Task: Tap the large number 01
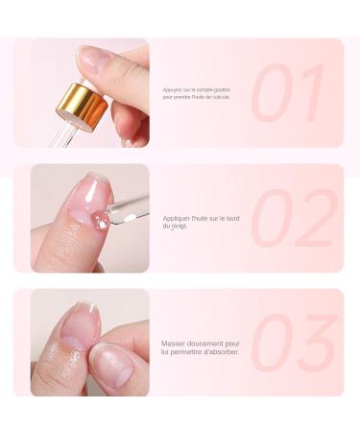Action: pyautogui.click(x=289, y=93)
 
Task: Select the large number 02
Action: pyautogui.click(x=294, y=218)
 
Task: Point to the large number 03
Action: pyautogui.click(x=293, y=343)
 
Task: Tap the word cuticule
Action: pyautogui.click(x=220, y=97)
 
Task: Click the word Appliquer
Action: pyautogui.click(x=177, y=218)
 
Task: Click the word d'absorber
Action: pyautogui.click(x=222, y=351)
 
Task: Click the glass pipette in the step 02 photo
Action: pyautogui.click(x=129, y=209)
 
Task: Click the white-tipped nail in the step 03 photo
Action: pyautogui.click(x=79, y=323)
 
